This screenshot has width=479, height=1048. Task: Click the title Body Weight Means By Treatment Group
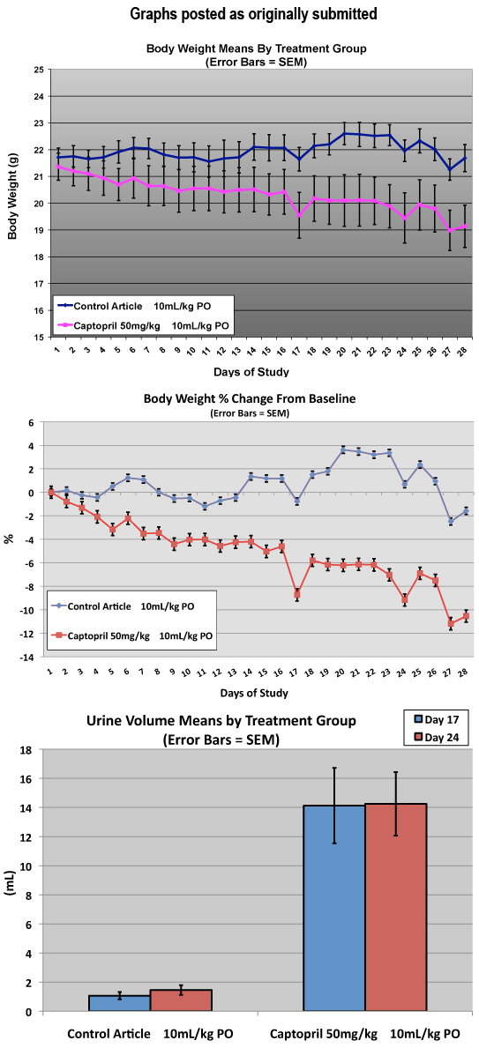pyautogui.click(x=257, y=48)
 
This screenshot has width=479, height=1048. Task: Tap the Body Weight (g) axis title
pyautogui.click(x=11, y=203)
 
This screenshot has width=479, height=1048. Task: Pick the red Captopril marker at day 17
pyautogui.click(x=297, y=593)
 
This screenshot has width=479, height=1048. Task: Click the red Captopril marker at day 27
pyautogui.click(x=451, y=623)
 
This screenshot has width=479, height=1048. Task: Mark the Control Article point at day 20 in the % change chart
pyautogui.click(x=343, y=450)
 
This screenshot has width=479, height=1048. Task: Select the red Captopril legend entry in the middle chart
pyautogui.click(x=132, y=635)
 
